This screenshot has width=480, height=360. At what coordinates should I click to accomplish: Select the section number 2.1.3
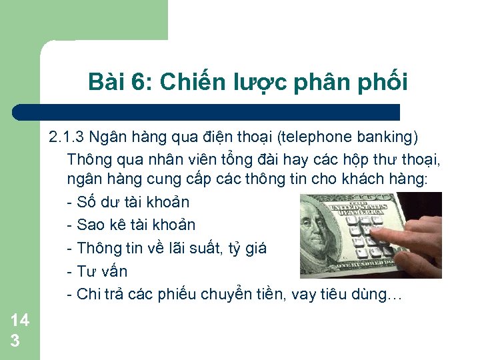tap(66, 138)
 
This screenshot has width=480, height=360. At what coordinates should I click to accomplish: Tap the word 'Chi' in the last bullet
tap(87, 294)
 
